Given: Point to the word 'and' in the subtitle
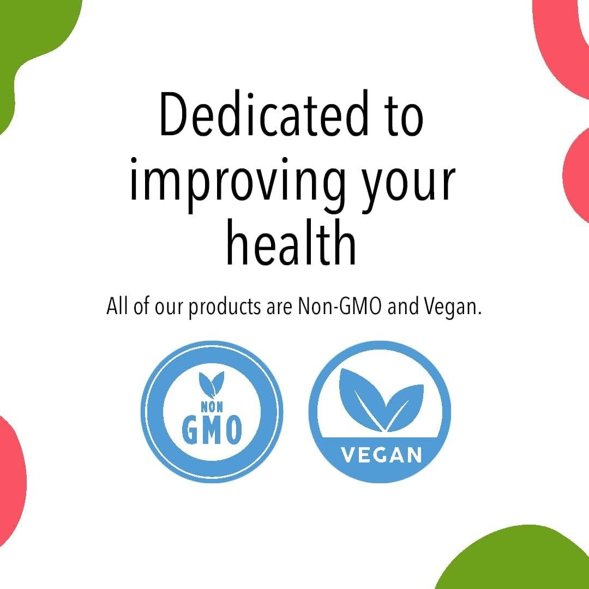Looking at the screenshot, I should click(404, 306).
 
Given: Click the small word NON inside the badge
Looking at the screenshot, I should click(212, 407).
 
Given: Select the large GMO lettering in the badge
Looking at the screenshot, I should click(212, 430).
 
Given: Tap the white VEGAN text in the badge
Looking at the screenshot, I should click(381, 454).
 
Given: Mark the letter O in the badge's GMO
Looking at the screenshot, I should click(232, 430).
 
